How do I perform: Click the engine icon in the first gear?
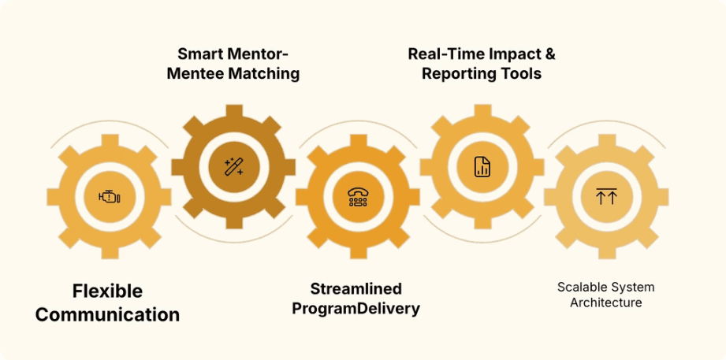[x=110, y=197]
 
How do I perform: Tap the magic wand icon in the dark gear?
[x=233, y=166]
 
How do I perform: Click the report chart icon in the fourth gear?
[x=482, y=166]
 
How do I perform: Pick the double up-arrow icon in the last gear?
[x=605, y=197]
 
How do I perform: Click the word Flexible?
[x=107, y=291]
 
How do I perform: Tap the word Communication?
[x=107, y=315]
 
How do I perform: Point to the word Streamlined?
[x=356, y=288]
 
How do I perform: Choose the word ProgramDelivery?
[x=356, y=308]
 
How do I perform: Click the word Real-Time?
[x=442, y=54]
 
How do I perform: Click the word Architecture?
[x=605, y=302]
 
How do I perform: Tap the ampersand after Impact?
[x=549, y=54]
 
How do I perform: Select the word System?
[x=635, y=287]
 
